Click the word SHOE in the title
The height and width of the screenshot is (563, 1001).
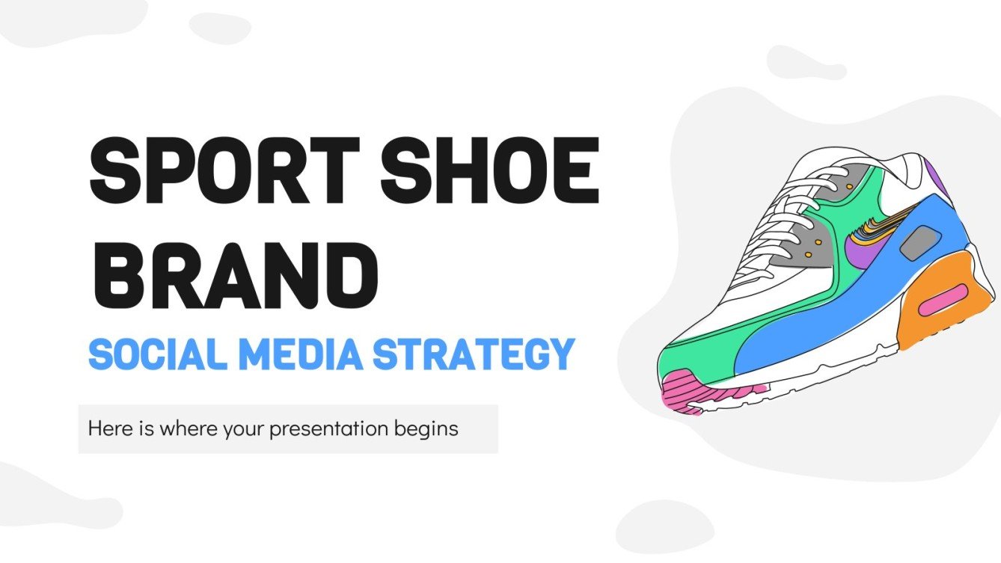pos(500,167)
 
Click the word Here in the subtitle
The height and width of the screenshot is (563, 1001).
pos(105,429)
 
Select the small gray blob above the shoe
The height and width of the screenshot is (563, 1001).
pos(804,64)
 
